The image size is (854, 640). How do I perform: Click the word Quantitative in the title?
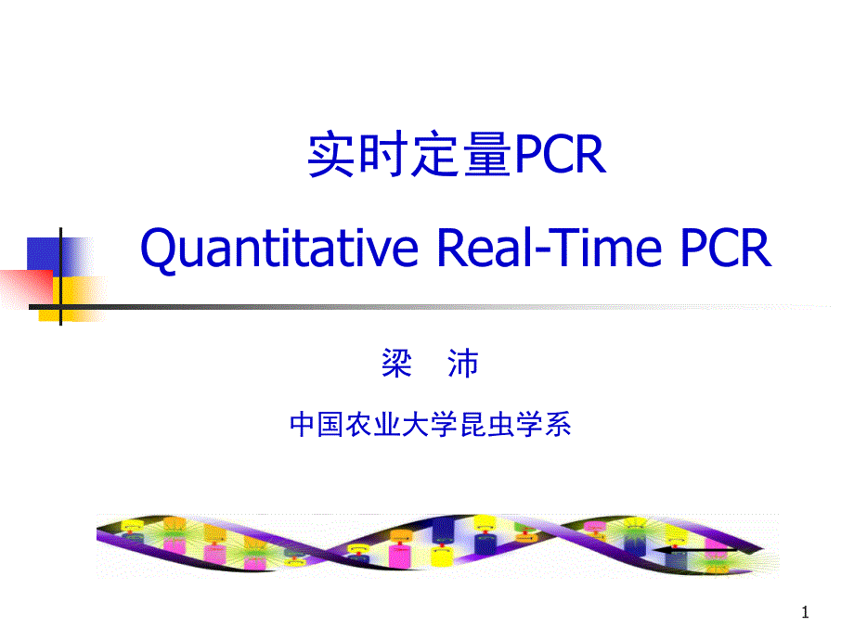tap(279, 249)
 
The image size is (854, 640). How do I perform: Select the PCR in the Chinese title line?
tap(560, 156)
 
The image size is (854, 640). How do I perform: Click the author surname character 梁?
tap(396, 365)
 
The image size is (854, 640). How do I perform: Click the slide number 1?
tap(805, 612)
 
